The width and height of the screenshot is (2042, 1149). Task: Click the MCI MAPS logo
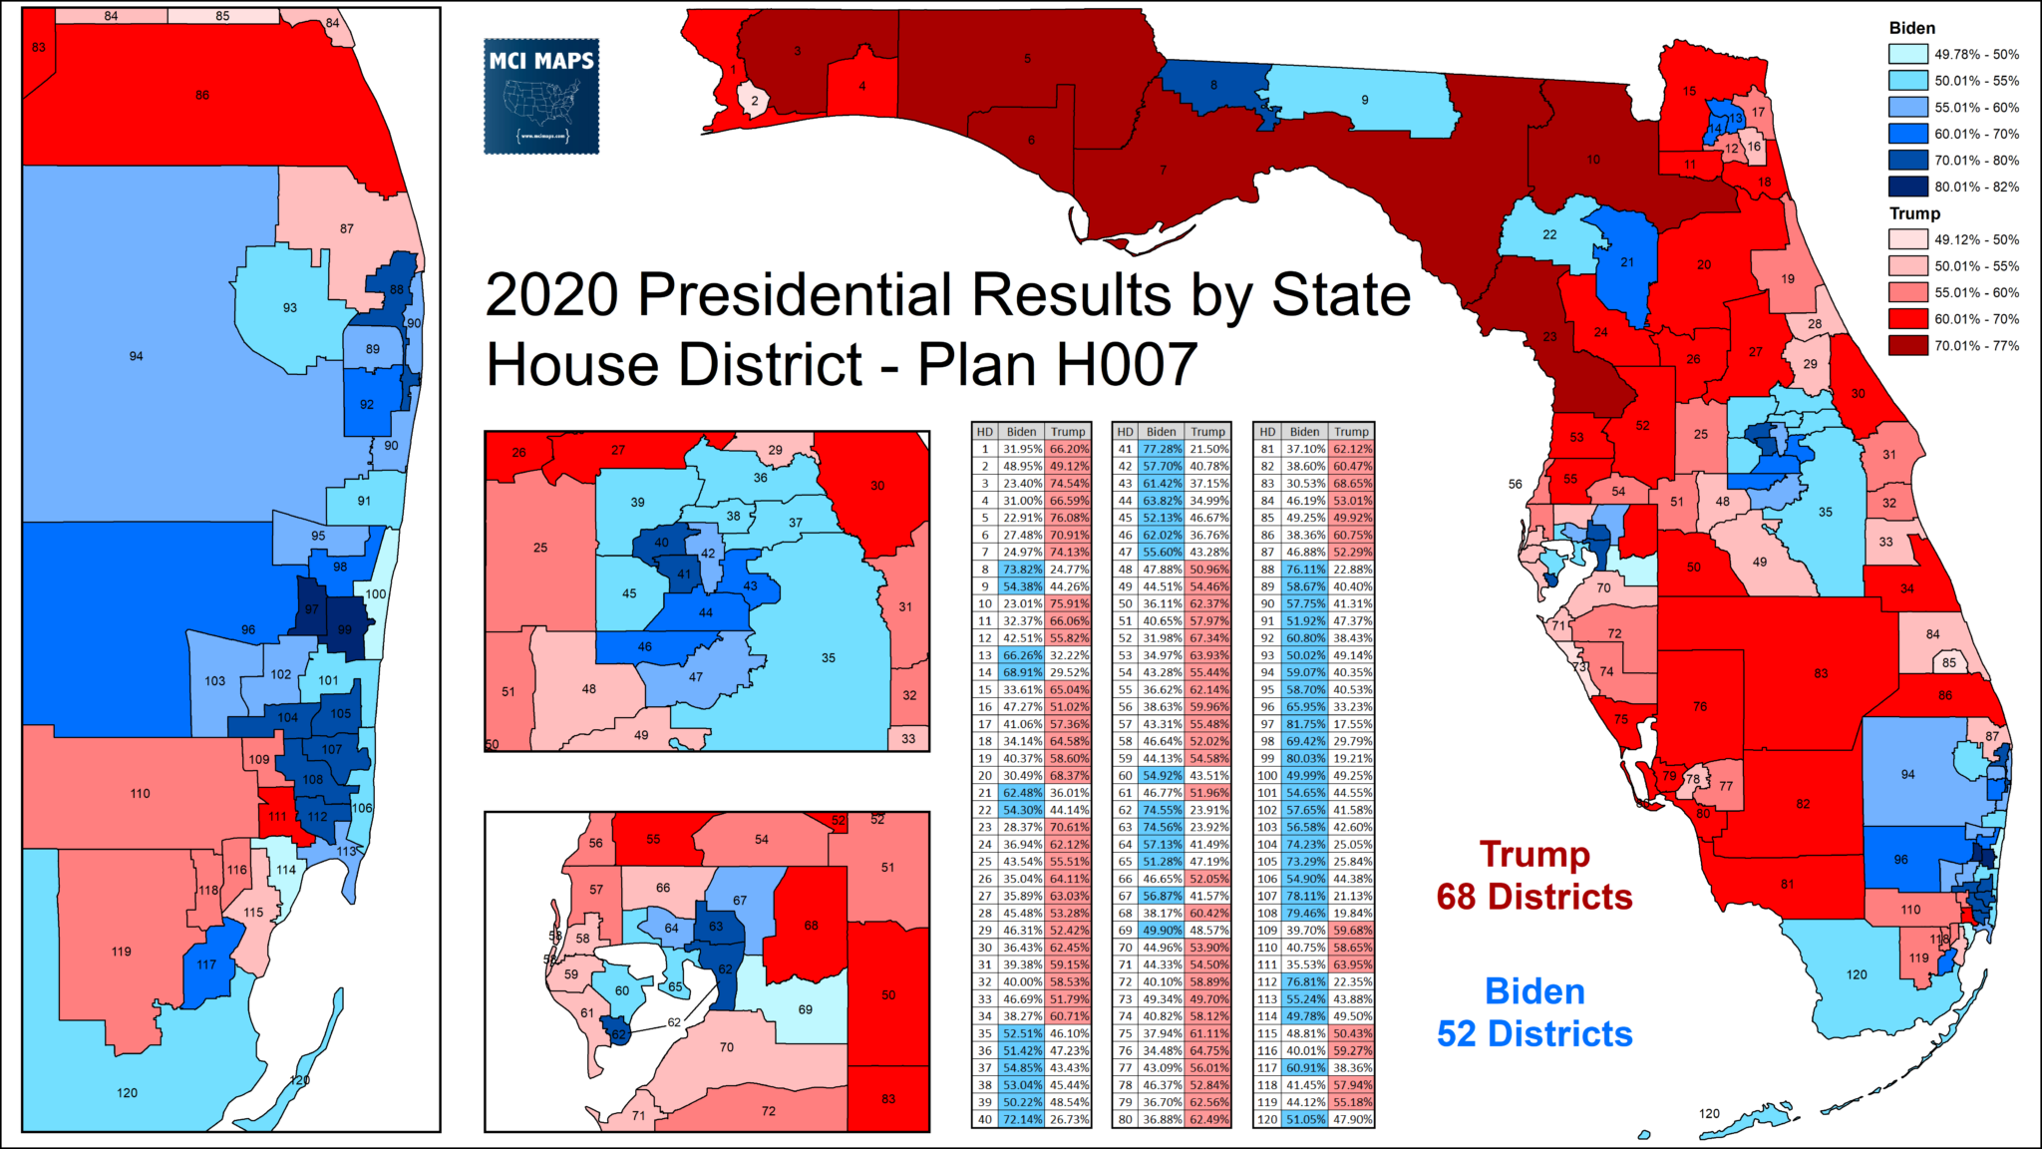click(x=541, y=96)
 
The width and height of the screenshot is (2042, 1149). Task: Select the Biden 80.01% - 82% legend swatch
click(x=1907, y=187)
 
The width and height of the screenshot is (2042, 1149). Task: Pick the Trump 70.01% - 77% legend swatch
click(x=1907, y=346)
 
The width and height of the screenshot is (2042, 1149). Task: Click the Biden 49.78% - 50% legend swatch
click(x=1907, y=55)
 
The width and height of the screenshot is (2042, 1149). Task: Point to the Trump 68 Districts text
click(x=1534, y=876)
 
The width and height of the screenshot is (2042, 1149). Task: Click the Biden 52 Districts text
click(x=1534, y=1012)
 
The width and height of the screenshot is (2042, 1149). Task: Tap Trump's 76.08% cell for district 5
click(x=1068, y=518)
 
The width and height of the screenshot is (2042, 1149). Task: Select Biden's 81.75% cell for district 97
click(x=1304, y=724)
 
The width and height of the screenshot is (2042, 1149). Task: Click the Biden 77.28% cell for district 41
click(x=1162, y=449)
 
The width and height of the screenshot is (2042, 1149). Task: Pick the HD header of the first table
click(x=984, y=432)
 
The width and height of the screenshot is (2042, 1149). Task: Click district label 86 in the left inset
click(x=202, y=96)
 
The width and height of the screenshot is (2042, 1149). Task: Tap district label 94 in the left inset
click(x=136, y=356)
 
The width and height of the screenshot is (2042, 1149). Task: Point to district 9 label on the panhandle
click(x=1365, y=100)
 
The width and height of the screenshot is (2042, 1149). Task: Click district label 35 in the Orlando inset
click(x=829, y=658)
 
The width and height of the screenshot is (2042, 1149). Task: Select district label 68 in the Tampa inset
click(x=811, y=926)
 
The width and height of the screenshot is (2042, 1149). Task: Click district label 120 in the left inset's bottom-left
click(x=127, y=1093)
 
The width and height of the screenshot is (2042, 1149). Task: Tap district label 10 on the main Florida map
click(x=1593, y=160)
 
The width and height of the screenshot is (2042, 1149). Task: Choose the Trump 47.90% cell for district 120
click(x=1351, y=1119)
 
